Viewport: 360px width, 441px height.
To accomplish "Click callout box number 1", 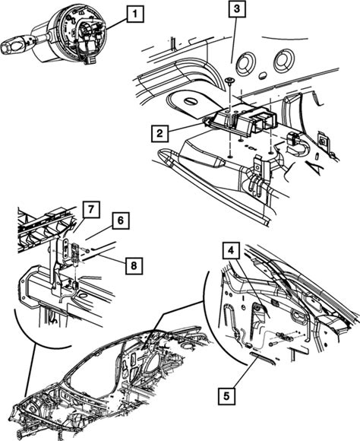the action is coord(135,14).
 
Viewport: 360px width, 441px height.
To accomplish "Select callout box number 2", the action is coord(159,133).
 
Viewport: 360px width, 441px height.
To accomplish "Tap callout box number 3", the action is coord(237,9).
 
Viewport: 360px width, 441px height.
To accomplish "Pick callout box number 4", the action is coord(231,250).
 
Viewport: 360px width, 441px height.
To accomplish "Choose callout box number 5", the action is coord(226,396).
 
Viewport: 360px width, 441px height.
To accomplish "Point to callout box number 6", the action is coord(121,220).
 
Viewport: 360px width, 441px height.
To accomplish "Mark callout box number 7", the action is coord(91,209).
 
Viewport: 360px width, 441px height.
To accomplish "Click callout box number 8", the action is coord(134,265).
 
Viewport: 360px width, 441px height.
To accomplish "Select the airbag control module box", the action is coord(243,119).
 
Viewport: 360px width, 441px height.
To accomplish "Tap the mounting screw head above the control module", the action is coord(229,81).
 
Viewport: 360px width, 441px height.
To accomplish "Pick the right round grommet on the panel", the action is coord(284,62).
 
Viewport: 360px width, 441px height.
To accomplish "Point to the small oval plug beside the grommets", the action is coord(264,74).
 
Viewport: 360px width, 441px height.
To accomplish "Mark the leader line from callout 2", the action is coord(188,126).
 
